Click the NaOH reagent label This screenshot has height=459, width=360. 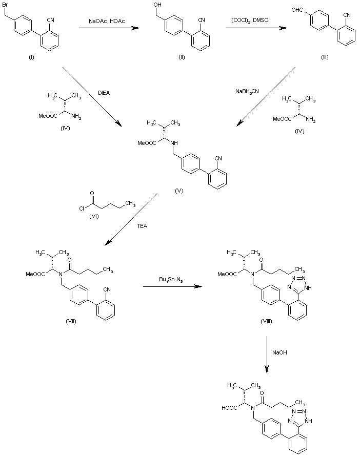click(x=279, y=352)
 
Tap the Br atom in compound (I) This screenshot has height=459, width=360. click(x=7, y=5)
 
